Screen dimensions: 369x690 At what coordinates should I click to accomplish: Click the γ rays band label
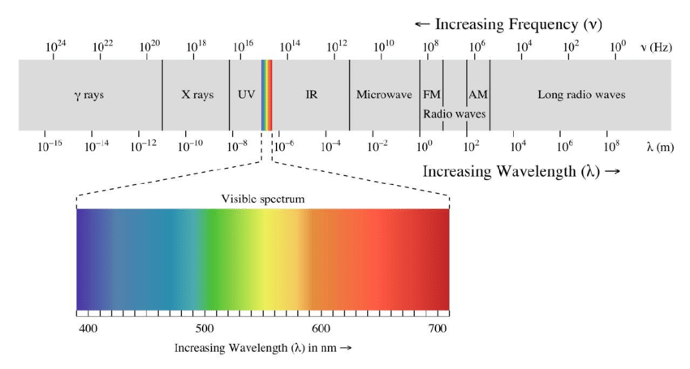coord(88,95)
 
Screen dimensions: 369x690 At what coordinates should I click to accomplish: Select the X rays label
coord(197,95)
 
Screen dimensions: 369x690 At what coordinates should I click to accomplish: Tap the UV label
coord(246,95)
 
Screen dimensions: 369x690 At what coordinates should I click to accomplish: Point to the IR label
coord(311,95)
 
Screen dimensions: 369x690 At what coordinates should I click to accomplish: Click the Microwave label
coord(384,95)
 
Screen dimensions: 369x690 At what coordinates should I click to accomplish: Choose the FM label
coord(431,95)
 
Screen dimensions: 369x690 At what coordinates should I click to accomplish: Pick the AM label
coord(478,95)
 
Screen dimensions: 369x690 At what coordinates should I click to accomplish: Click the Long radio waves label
coord(581,95)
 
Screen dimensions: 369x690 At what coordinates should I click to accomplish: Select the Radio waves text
coord(454,114)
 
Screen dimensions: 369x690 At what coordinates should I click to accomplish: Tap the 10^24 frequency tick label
coord(56,46)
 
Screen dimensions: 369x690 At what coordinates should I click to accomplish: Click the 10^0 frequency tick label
coord(618,46)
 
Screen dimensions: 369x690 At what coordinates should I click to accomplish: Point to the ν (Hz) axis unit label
coord(656,47)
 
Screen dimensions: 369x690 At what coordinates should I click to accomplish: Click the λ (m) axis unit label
coord(660,147)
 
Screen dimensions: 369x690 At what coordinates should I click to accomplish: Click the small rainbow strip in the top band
coord(266,95)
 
